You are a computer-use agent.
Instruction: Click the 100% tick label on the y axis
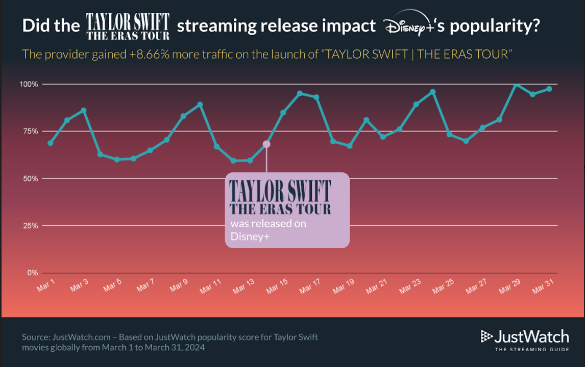click(30, 84)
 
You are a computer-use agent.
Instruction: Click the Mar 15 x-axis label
click(277, 286)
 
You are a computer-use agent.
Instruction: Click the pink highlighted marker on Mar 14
click(266, 144)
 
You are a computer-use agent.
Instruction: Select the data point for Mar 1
click(51, 143)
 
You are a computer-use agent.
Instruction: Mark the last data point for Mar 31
click(549, 89)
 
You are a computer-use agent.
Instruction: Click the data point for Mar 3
click(84, 110)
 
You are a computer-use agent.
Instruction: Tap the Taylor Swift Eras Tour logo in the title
click(128, 27)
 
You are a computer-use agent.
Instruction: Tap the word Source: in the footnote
click(36, 337)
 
